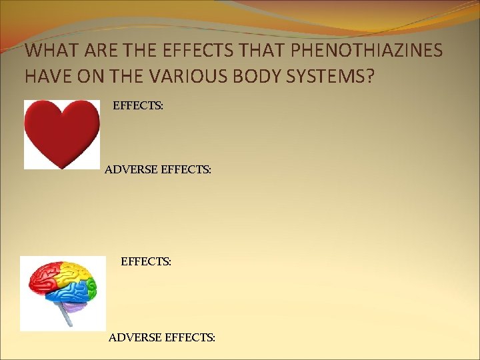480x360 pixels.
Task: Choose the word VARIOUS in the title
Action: click(193, 75)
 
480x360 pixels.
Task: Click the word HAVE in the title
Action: click(47, 75)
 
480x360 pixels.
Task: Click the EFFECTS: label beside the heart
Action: click(138, 105)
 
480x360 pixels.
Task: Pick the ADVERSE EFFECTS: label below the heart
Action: click(158, 170)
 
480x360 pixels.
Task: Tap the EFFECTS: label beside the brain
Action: click(146, 262)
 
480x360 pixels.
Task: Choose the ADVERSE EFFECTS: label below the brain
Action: click(162, 338)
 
